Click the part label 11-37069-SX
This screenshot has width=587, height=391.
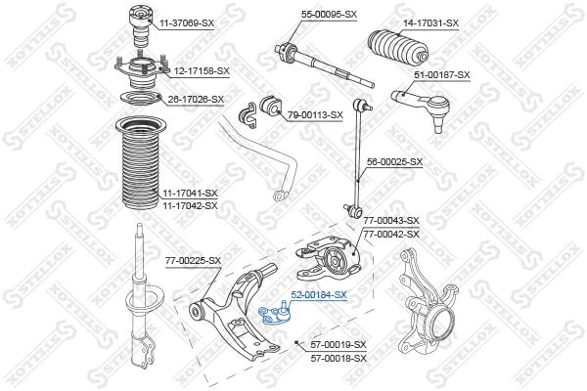187,22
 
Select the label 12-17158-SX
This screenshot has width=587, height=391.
202,70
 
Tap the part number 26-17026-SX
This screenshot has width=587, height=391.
196,99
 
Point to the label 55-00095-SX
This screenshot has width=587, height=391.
329,15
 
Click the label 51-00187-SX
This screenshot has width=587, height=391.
442,74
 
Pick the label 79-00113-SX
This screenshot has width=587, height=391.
315,114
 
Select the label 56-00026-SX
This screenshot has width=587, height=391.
394,161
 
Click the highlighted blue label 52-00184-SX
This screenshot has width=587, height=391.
318,294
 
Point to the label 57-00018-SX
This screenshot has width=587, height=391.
338,358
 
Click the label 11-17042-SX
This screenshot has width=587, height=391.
190,205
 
